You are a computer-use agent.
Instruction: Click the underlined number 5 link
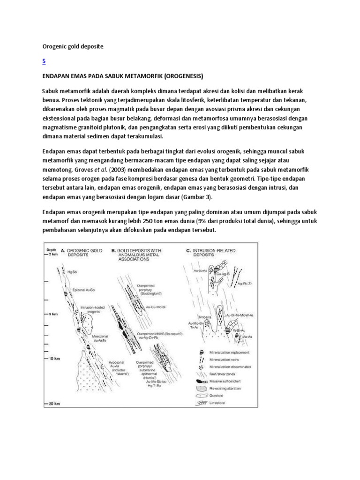pyautogui.click(x=44, y=61)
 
